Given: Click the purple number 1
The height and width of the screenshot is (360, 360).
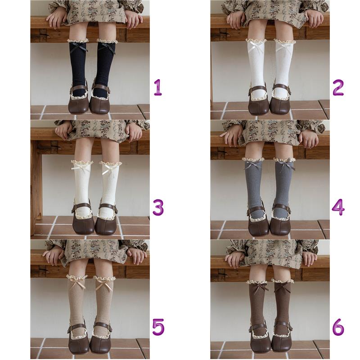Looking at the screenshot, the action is (158, 87).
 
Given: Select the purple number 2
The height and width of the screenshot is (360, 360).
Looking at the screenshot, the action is (338, 87).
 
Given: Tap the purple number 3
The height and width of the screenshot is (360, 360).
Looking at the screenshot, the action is (158, 207).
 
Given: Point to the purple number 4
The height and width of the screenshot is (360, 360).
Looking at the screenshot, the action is (338, 207).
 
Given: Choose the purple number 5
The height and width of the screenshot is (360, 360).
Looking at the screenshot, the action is (158, 327).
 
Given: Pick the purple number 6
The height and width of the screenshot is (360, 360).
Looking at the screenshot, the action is (338, 327).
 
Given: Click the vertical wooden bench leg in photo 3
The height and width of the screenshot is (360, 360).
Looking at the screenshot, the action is (36, 188).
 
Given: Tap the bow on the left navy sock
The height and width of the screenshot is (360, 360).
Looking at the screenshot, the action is (79, 48).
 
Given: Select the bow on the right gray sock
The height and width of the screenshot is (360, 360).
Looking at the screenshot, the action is (286, 165).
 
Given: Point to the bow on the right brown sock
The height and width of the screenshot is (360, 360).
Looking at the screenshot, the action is (283, 285).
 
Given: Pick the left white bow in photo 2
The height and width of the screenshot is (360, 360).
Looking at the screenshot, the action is (255, 47).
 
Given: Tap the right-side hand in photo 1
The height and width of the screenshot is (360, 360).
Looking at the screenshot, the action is (135, 20).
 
